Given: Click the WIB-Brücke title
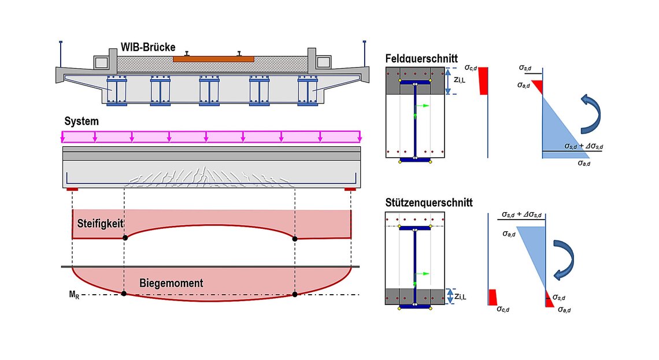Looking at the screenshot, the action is click(x=148, y=47).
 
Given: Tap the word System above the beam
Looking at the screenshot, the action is click(x=82, y=121).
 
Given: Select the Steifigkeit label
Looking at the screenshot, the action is click(x=100, y=224).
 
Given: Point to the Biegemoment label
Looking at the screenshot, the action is click(x=171, y=283).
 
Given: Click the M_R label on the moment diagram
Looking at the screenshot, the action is click(x=74, y=295).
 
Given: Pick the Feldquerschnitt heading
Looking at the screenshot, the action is click(x=421, y=58).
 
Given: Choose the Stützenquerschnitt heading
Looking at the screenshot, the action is click(x=429, y=202).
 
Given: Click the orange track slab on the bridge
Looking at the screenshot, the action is click(x=213, y=60).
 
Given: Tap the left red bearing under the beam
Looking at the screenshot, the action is click(x=72, y=190).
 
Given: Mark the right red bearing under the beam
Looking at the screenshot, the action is click(x=350, y=190).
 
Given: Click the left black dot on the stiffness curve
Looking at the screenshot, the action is click(x=125, y=237).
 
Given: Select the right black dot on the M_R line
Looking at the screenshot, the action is click(x=295, y=295).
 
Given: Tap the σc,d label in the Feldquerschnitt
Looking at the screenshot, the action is click(x=471, y=68).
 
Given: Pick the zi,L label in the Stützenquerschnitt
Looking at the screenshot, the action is click(x=460, y=296).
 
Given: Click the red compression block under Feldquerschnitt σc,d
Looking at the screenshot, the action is click(x=483, y=81).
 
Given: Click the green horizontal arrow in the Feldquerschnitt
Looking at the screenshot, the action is click(x=423, y=105).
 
